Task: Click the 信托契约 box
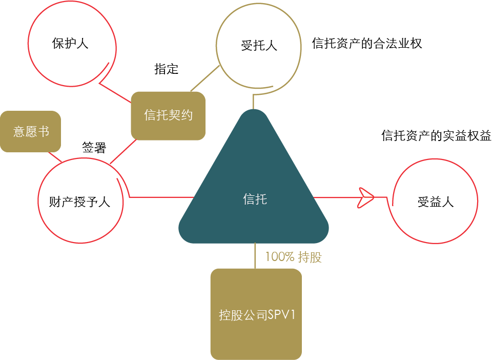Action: [x=168, y=115]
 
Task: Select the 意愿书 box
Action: [x=31, y=131]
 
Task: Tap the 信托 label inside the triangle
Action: [x=255, y=199]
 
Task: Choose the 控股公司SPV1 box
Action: [x=256, y=314]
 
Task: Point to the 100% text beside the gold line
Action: [x=279, y=257]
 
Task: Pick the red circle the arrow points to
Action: [x=435, y=201]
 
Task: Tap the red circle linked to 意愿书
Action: [x=80, y=200]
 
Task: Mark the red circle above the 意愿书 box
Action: [x=72, y=44]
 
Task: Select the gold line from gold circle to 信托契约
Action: [x=205, y=78]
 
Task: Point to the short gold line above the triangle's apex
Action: [x=253, y=102]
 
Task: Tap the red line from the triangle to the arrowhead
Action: [x=336, y=197]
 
